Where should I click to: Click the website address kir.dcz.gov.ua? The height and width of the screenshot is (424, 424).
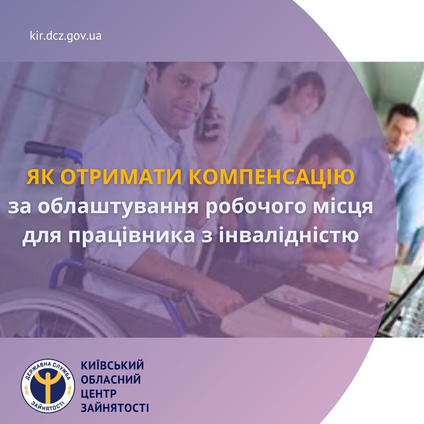coord(66,36)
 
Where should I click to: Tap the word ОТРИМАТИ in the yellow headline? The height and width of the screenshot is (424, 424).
coord(123,177)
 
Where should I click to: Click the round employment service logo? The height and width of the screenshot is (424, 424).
coord(48,386)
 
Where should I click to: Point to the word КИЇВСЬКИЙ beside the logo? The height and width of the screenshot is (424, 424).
coord(112,366)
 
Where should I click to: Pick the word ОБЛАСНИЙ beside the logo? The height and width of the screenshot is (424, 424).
coord(111,379)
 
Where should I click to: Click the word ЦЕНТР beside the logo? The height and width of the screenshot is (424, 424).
coord(99,394)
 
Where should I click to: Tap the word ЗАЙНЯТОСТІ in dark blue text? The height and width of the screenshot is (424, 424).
coord(115,408)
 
